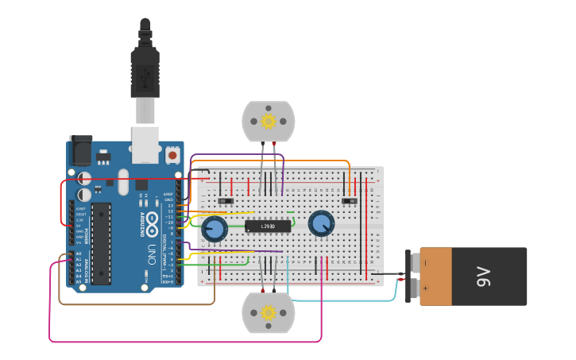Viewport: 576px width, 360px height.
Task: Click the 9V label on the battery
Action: tap(483, 277)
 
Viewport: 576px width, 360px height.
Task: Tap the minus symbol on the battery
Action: tap(425, 262)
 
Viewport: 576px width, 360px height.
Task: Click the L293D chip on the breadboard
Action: tap(268, 226)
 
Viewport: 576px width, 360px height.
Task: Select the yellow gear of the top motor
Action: tap(268, 121)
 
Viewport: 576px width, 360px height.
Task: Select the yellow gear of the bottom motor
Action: tap(268, 312)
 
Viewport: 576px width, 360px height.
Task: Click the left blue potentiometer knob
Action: tap(215, 230)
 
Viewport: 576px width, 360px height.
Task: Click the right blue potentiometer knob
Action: tap(321, 223)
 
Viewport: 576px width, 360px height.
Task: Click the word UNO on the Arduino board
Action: tap(151, 254)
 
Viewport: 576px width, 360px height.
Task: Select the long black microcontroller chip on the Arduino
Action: tap(101, 242)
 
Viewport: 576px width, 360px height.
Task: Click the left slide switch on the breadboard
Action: tap(225, 201)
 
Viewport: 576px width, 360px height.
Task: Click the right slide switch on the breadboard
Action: tap(349, 201)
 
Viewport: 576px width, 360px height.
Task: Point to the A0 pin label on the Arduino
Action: tap(78, 254)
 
